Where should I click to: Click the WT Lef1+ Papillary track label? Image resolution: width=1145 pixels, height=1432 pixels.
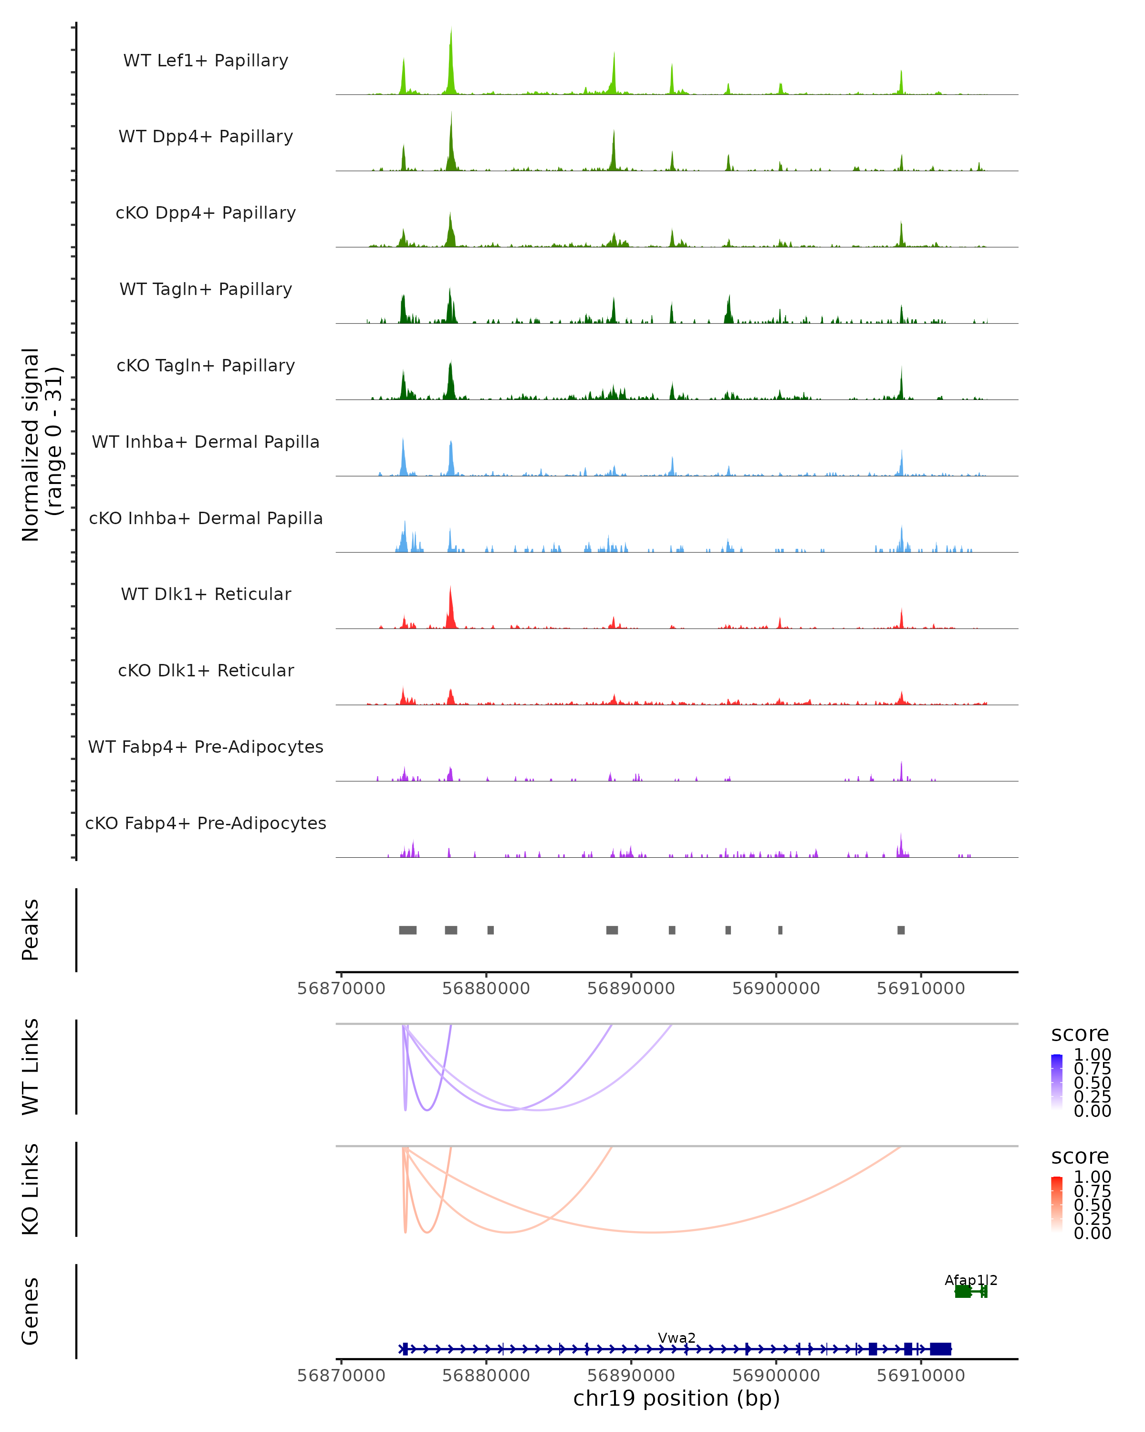(206, 61)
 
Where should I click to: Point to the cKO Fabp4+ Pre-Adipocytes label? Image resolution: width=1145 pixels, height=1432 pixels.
(206, 823)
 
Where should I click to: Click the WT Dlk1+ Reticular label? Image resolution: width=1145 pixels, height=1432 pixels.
(206, 594)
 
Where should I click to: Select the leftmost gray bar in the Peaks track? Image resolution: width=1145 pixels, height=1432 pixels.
(407, 930)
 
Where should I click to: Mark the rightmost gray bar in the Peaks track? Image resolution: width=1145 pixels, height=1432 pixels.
(901, 930)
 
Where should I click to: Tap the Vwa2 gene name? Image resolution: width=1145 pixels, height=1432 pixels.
(677, 1337)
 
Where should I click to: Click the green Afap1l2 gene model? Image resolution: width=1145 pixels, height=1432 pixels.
(970, 1291)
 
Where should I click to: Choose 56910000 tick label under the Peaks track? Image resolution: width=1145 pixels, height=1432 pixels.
(921, 989)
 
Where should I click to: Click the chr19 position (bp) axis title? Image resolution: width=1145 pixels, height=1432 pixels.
(677, 1398)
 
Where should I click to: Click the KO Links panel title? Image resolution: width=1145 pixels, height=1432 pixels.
(31, 1190)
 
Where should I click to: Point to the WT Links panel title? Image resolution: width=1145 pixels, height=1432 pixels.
(31, 1067)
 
